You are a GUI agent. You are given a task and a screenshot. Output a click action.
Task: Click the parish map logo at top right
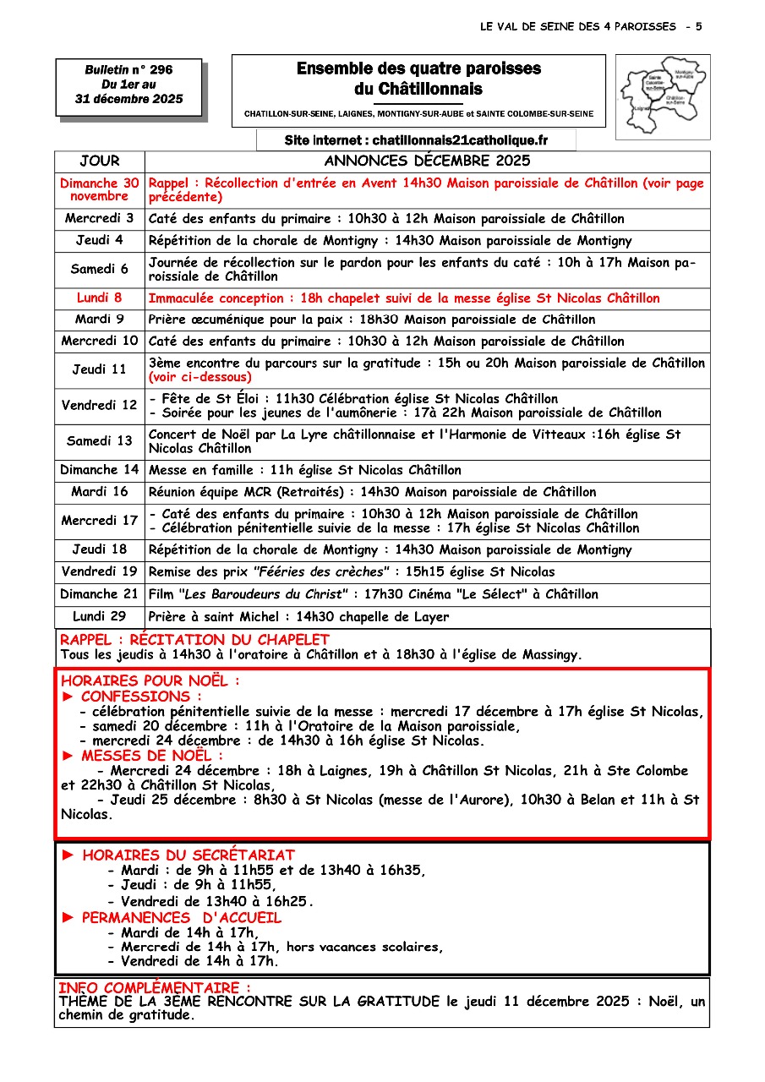point(662,90)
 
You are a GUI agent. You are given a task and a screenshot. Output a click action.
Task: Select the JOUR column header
point(100,161)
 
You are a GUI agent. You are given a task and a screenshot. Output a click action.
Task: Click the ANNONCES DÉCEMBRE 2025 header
point(427,161)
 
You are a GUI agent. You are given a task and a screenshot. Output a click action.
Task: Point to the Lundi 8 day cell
point(100,298)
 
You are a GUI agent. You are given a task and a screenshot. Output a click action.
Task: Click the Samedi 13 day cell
point(100,440)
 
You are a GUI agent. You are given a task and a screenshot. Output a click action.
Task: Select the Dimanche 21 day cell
point(100,594)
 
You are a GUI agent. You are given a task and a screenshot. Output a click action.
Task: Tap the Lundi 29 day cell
point(100,616)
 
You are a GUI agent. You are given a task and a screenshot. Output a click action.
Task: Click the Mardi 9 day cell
point(100,320)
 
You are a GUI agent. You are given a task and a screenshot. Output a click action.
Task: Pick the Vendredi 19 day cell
point(100,571)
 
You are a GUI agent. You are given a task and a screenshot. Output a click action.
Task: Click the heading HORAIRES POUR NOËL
point(150,680)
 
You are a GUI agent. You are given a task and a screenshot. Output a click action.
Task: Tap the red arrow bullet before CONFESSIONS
point(69,697)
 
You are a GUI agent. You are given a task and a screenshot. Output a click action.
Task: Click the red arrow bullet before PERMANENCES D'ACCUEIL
point(69,918)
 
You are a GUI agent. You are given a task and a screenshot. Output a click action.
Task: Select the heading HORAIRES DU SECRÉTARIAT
point(189,855)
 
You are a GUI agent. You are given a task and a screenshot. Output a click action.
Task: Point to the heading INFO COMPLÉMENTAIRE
point(154,987)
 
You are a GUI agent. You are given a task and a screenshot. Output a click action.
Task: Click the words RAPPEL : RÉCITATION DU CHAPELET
point(194,640)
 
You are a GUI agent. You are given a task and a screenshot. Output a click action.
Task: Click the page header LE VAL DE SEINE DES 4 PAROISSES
point(577,27)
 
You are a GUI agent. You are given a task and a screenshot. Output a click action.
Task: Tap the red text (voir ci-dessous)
point(200,377)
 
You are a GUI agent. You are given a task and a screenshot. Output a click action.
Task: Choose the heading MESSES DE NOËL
point(152,756)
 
